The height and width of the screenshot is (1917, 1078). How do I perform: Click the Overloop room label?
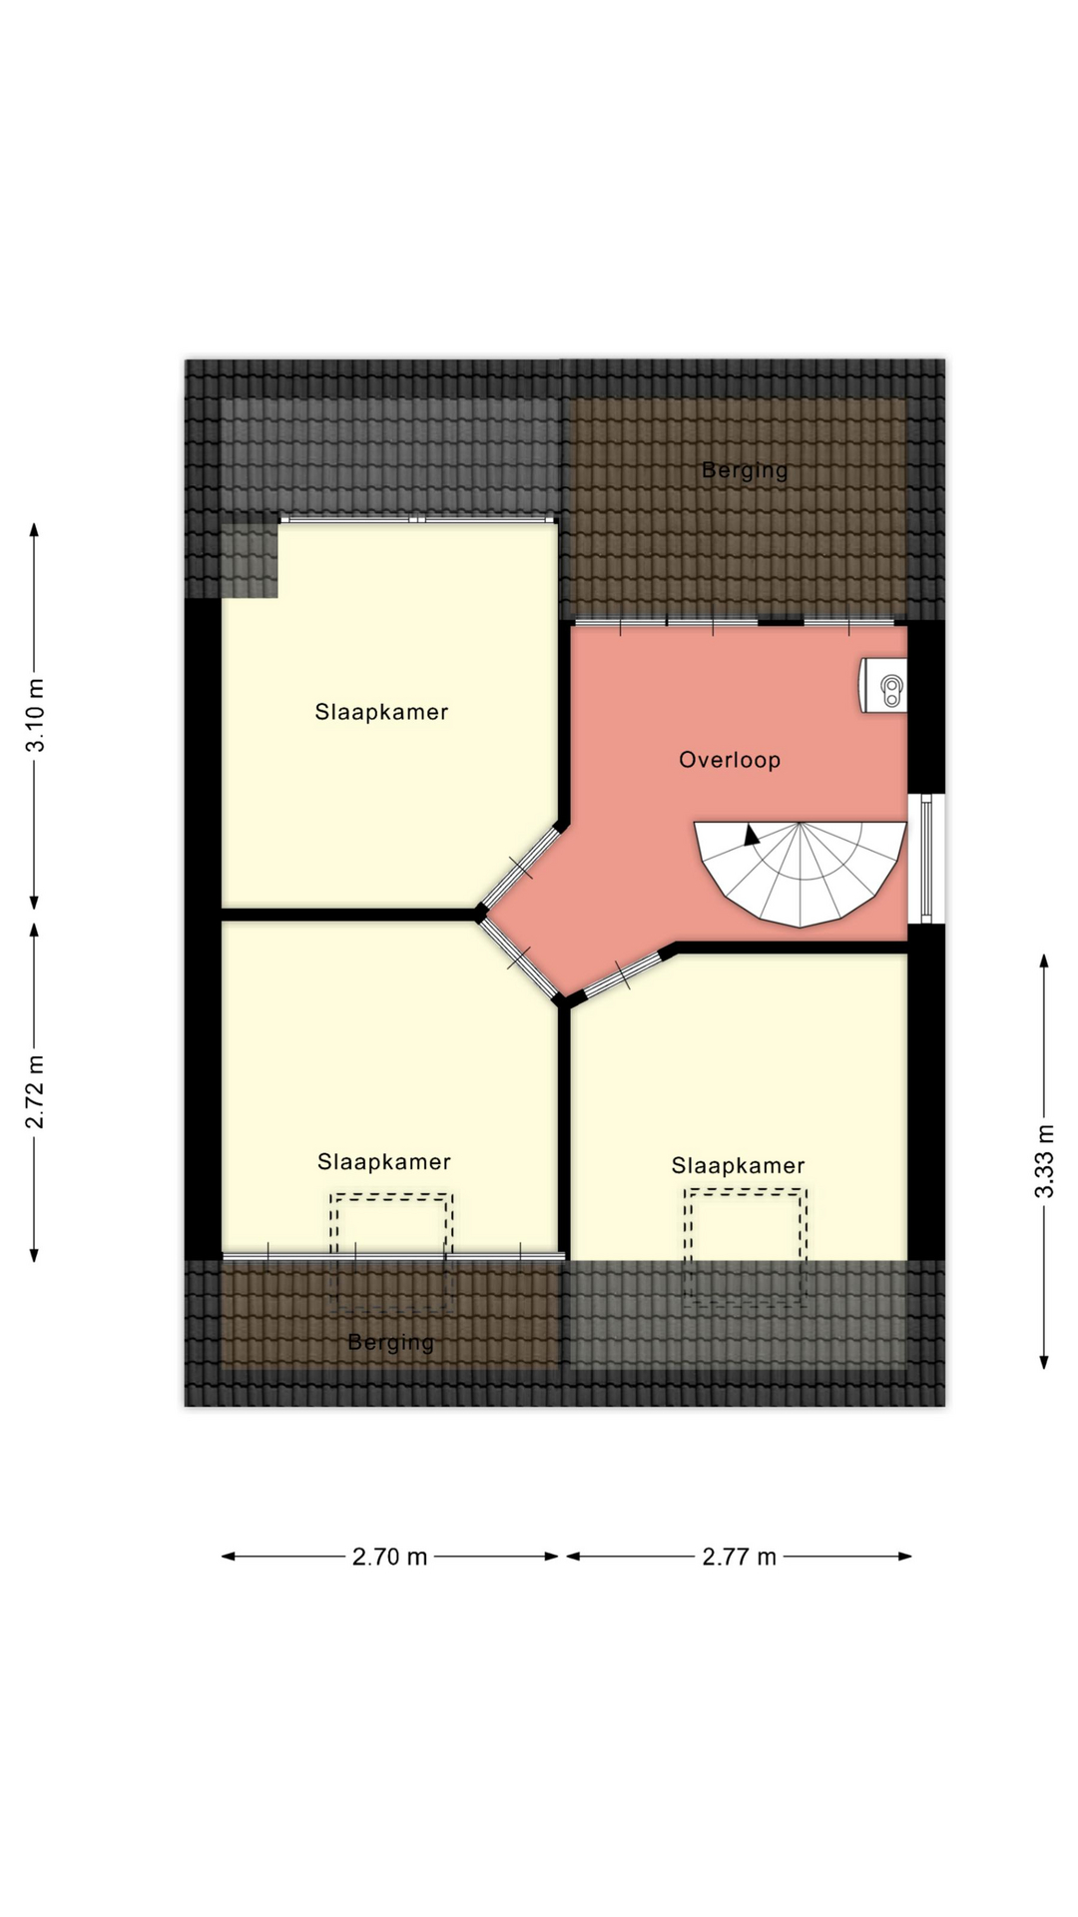tap(730, 760)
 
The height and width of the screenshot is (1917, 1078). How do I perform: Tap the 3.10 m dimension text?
tap(35, 715)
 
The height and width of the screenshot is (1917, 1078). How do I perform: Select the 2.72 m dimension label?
tap(35, 1091)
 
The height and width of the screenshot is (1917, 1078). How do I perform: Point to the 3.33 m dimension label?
tap(1044, 1161)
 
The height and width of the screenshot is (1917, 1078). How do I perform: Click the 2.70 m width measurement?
tap(389, 1557)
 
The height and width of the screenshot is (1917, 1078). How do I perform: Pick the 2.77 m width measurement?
tap(739, 1557)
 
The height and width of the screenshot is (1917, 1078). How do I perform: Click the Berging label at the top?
tap(745, 470)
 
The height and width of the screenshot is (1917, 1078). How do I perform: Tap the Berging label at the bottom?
tap(390, 1343)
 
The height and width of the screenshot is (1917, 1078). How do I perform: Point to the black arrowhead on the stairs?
tap(752, 836)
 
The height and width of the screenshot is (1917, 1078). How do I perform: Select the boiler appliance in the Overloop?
tap(885, 686)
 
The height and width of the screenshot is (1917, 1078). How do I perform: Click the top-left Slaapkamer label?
tap(381, 712)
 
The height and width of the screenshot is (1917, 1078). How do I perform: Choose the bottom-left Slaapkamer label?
tap(384, 1162)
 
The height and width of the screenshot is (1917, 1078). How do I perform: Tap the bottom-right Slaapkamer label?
tap(738, 1166)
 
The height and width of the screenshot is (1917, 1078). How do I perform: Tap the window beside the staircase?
tap(926, 859)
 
